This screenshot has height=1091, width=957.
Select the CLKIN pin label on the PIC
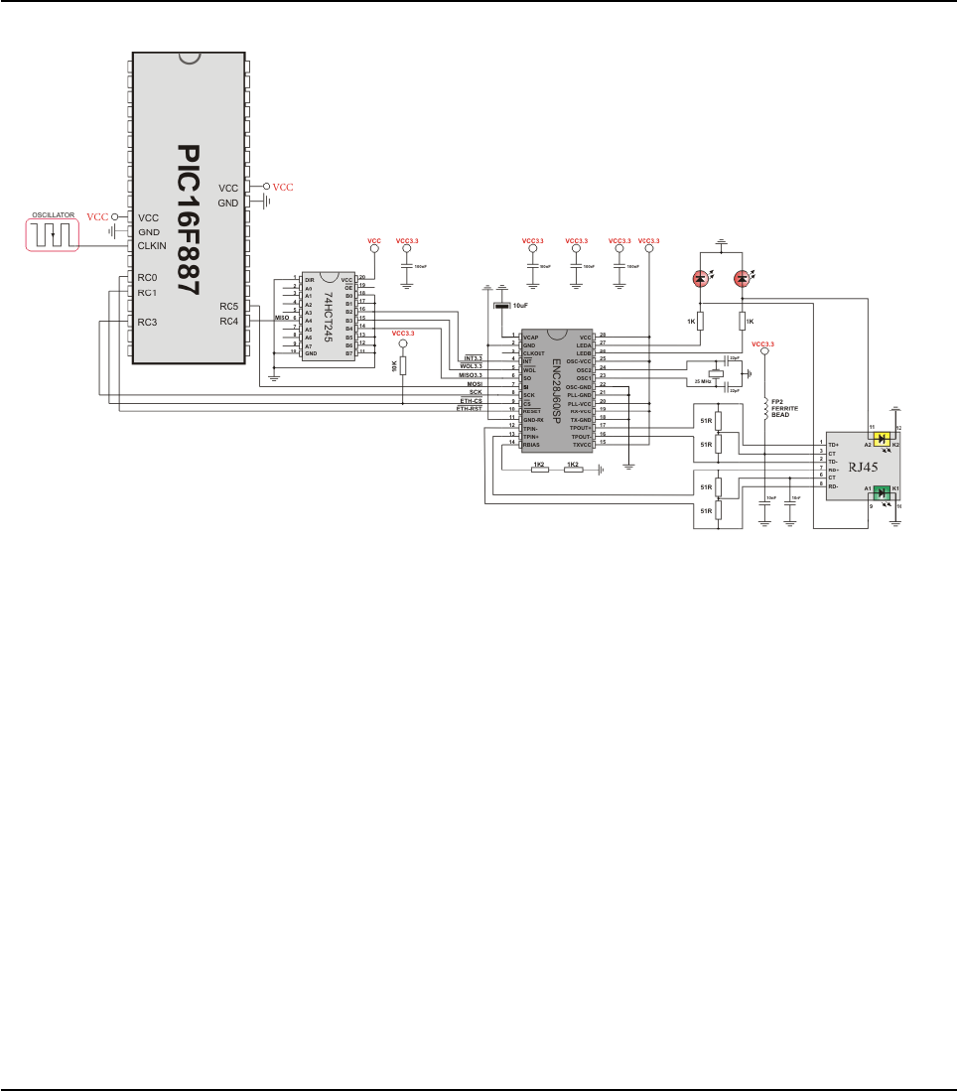pyautogui.click(x=152, y=246)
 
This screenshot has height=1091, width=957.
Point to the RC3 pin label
pyautogui.click(x=147, y=322)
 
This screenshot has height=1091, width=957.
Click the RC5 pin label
pyautogui.click(x=229, y=306)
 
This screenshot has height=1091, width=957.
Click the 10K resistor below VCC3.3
pyautogui.click(x=403, y=366)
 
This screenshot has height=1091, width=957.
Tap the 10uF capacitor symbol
pyautogui.click(x=501, y=306)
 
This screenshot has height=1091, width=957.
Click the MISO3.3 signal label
pyautogui.click(x=470, y=375)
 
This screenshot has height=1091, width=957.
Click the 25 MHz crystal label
pyautogui.click(x=704, y=382)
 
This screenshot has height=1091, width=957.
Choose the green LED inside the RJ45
pyautogui.click(x=882, y=489)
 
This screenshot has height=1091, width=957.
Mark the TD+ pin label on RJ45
pyautogui.click(x=835, y=444)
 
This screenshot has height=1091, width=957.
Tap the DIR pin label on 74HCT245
pyautogui.click(x=310, y=280)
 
